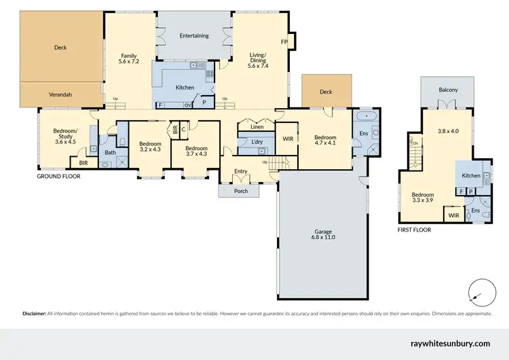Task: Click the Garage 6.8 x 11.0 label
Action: (x=322, y=234)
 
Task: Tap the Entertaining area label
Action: (x=194, y=36)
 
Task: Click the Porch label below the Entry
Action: (x=241, y=191)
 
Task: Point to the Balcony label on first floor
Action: (x=448, y=90)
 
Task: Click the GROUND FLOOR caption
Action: (x=58, y=176)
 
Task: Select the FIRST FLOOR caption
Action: (x=414, y=230)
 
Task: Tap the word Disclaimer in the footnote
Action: (x=33, y=314)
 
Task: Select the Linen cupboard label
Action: (x=257, y=127)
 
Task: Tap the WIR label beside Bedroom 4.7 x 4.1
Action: (x=288, y=139)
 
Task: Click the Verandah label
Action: (x=60, y=94)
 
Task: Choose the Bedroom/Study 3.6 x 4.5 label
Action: (x=66, y=137)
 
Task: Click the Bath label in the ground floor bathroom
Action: (x=109, y=153)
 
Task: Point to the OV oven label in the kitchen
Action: (x=187, y=105)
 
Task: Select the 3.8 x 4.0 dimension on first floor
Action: (x=448, y=131)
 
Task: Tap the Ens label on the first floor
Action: (x=475, y=211)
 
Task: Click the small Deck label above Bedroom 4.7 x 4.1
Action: (x=326, y=92)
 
